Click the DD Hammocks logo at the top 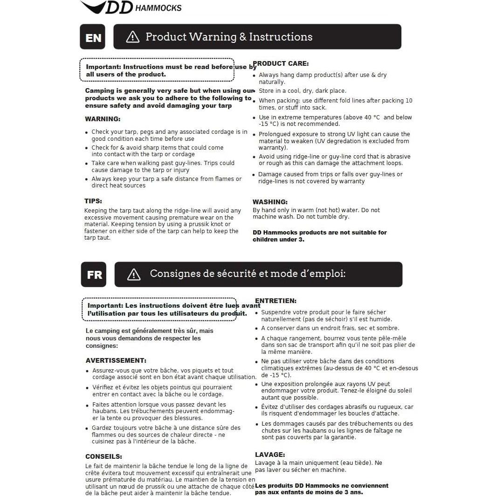tap(131, 7)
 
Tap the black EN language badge tap(93, 37)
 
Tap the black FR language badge tap(94, 275)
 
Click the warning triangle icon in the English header tap(133, 37)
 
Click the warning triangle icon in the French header tap(134, 274)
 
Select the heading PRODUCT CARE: tap(281, 63)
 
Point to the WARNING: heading tap(103, 119)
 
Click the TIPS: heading tap(93, 201)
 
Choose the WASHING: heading tap(270, 202)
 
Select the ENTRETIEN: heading tap(276, 301)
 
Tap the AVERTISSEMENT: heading tap(116, 360)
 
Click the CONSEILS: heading tap(104, 456)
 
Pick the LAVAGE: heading tap(270, 455)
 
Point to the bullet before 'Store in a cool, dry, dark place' tap(254, 91)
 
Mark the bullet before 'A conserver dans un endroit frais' tap(256, 329)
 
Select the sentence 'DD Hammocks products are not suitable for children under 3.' tap(319, 236)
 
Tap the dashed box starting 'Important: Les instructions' tap(159, 309)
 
